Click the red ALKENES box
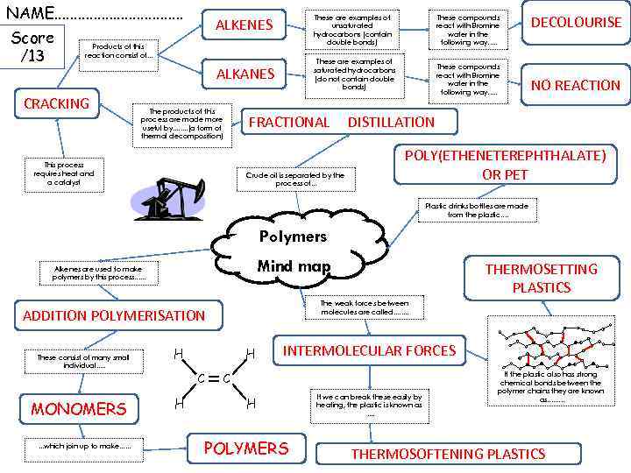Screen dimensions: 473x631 (x=245, y=25)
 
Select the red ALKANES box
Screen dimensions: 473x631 (x=245, y=74)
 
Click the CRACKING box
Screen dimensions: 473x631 (x=57, y=103)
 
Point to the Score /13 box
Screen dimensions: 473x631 (x=32, y=46)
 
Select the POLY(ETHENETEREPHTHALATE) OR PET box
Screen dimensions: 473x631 (x=504, y=165)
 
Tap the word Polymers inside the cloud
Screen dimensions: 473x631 (x=293, y=236)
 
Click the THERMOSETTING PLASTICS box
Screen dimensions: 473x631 (x=541, y=278)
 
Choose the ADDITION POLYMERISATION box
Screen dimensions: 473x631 (x=114, y=315)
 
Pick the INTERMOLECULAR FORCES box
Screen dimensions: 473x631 (x=369, y=350)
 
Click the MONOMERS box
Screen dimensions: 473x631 (x=79, y=409)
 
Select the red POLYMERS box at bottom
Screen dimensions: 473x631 (x=245, y=448)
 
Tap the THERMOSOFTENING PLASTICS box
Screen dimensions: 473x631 (x=448, y=454)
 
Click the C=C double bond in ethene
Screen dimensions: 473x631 (x=214, y=378)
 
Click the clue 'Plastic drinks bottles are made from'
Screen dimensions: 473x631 (x=476, y=210)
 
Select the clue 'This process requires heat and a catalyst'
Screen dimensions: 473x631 (x=63, y=173)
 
